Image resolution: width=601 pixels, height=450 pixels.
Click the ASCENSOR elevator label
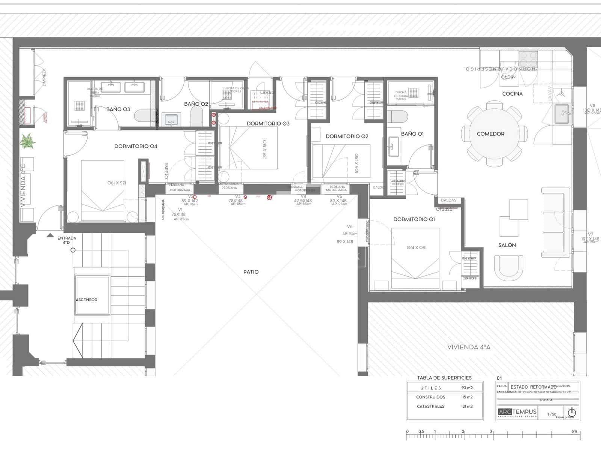(x=86, y=300)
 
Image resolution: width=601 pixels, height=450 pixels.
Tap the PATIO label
(x=251, y=272)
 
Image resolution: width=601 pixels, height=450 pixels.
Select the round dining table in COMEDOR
(x=491, y=134)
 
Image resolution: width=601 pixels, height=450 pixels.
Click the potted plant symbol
(x=27, y=141)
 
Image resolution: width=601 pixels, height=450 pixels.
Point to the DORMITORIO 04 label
(x=136, y=146)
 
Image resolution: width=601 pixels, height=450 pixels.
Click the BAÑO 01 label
(x=412, y=133)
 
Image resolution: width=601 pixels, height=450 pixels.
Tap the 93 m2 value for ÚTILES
(x=467, y=388)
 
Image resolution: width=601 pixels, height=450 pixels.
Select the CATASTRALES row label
(x=430, y=406)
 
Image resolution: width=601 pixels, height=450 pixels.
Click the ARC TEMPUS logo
(x=517, y=412)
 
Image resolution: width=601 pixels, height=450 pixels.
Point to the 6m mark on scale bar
(x=574, y=431)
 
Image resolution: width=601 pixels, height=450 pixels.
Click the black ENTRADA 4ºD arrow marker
(x=50, y=235)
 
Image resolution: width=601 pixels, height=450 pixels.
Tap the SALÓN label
(x=507, y=245)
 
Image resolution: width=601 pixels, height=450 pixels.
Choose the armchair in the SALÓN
(x=509, y=267)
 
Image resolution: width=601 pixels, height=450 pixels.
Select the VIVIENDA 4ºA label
(x=469, y=347)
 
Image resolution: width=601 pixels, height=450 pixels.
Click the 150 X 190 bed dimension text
(x=417, y=247)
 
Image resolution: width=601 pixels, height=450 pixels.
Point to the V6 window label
(x=350, y=226)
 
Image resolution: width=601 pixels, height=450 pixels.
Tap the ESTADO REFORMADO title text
(x=533, y=387)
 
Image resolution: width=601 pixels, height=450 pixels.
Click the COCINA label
(x=512, y=94)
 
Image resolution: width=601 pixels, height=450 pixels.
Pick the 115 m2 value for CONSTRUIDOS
(x=467, y=397)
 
